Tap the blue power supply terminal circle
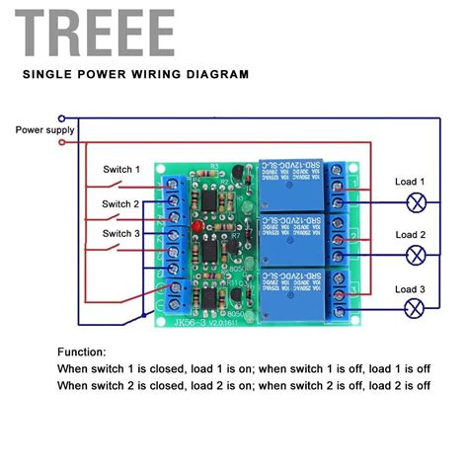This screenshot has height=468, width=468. pyautogui.click(x=63, y=117)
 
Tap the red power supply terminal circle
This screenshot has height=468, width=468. pyautogui.click(x=63, y=141)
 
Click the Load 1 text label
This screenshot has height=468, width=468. pyautogui.click(x=410, y=181)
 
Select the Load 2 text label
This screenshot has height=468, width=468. pyautogui.click(x=410, y=234)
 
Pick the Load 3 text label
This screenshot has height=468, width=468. pyautogui.click(x=410, y=288)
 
